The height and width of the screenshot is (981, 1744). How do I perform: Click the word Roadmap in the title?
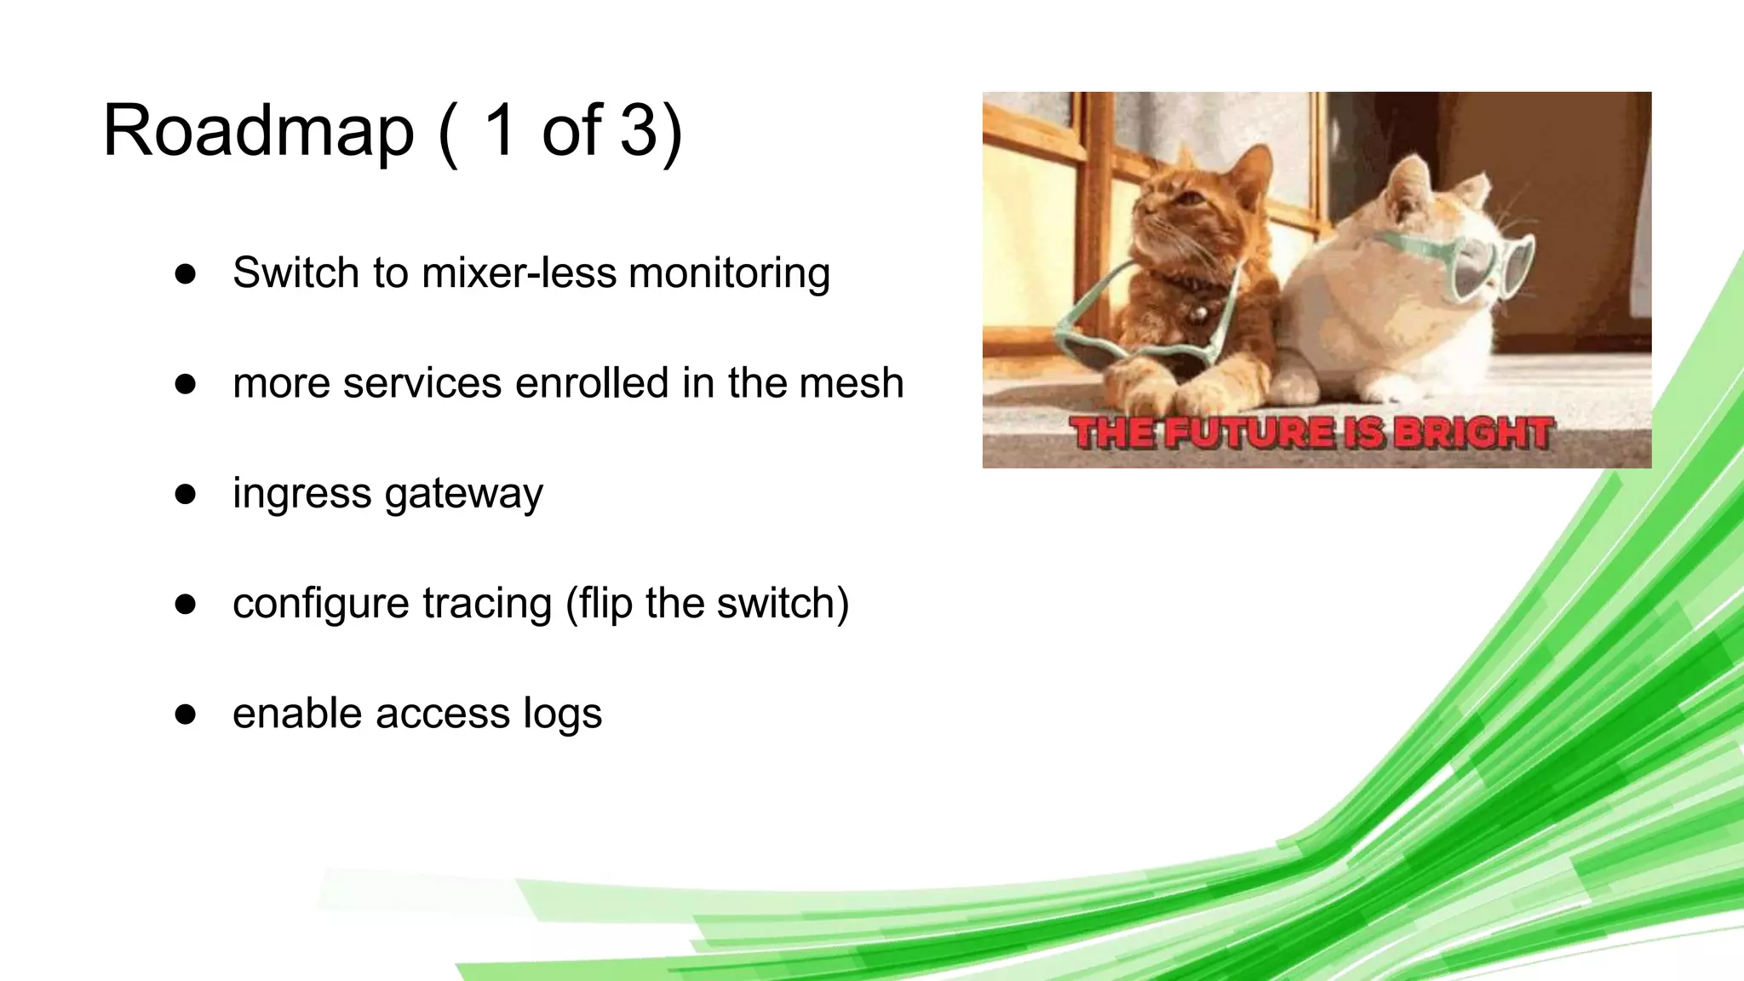[x=258, y=131]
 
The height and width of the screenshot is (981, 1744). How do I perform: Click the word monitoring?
[x=729, y=274]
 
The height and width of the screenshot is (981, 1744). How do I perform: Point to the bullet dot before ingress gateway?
[x=186, y=494]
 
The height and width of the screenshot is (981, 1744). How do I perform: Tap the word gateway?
[x=464, y=494]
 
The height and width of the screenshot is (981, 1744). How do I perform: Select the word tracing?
[x=487, y=604]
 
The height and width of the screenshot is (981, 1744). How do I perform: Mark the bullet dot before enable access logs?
[x=186, y=714]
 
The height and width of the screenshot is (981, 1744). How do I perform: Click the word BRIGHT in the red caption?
[x=1473, y=433]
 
